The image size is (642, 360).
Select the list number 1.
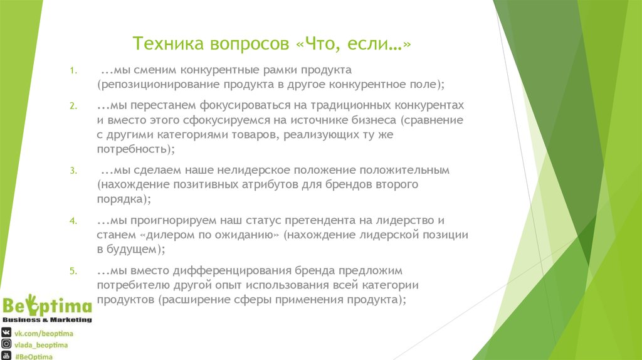(73, 70)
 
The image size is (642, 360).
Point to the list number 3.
(73, 171)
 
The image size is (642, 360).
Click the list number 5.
(73, 272)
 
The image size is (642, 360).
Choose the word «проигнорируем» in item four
(168, 221)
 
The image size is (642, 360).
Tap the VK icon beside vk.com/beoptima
(6, 332)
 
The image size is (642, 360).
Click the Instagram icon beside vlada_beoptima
(6, 344)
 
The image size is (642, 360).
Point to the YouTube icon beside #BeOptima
(6, 356)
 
